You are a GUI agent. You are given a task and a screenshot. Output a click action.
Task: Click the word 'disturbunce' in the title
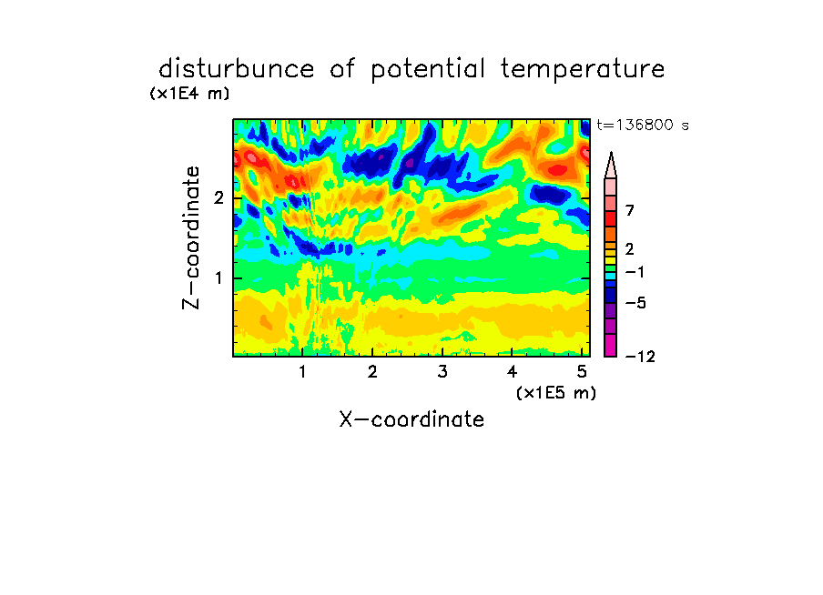[x=237, y=69]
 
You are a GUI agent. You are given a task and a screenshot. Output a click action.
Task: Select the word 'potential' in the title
[x=428, y=70]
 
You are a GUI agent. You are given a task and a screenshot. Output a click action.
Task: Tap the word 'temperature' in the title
[x=583, y=70]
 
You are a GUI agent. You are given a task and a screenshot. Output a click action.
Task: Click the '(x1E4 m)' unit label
[x=189, y=94]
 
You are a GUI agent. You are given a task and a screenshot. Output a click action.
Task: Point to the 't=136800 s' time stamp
[x=643, y=125]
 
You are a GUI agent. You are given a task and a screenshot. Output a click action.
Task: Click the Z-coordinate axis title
[x=191, y=237]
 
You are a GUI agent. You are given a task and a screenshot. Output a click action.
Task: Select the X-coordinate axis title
[x=411, y=419]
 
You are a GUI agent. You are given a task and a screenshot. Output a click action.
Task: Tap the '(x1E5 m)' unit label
[x=556, y=393]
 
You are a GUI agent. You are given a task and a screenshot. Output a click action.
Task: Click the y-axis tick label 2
[x=218, y=198]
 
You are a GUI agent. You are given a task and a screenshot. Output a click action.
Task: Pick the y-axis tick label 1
[x=218, y=278]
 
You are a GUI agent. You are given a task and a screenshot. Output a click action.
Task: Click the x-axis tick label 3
[x=442, y=372]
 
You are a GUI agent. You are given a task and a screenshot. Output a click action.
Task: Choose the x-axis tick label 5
[x=582, y=372]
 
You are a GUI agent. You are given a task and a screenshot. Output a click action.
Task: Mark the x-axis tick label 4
[x=513, y=372]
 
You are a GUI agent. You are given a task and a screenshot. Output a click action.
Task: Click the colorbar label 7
[x=630, y=211]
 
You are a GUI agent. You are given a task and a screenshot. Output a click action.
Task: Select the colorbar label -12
[x=640, y=357]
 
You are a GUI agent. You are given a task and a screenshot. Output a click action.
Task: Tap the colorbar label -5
[x=635, y=303]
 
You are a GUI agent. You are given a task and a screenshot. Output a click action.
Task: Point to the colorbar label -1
[x=635, y=272]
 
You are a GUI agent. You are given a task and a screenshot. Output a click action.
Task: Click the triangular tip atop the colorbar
[x=611, y=153]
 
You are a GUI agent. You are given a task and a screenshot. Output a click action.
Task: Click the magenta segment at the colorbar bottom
[x=611, y=345]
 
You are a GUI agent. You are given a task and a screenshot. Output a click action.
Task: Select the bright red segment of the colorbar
[x=611, y=218]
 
